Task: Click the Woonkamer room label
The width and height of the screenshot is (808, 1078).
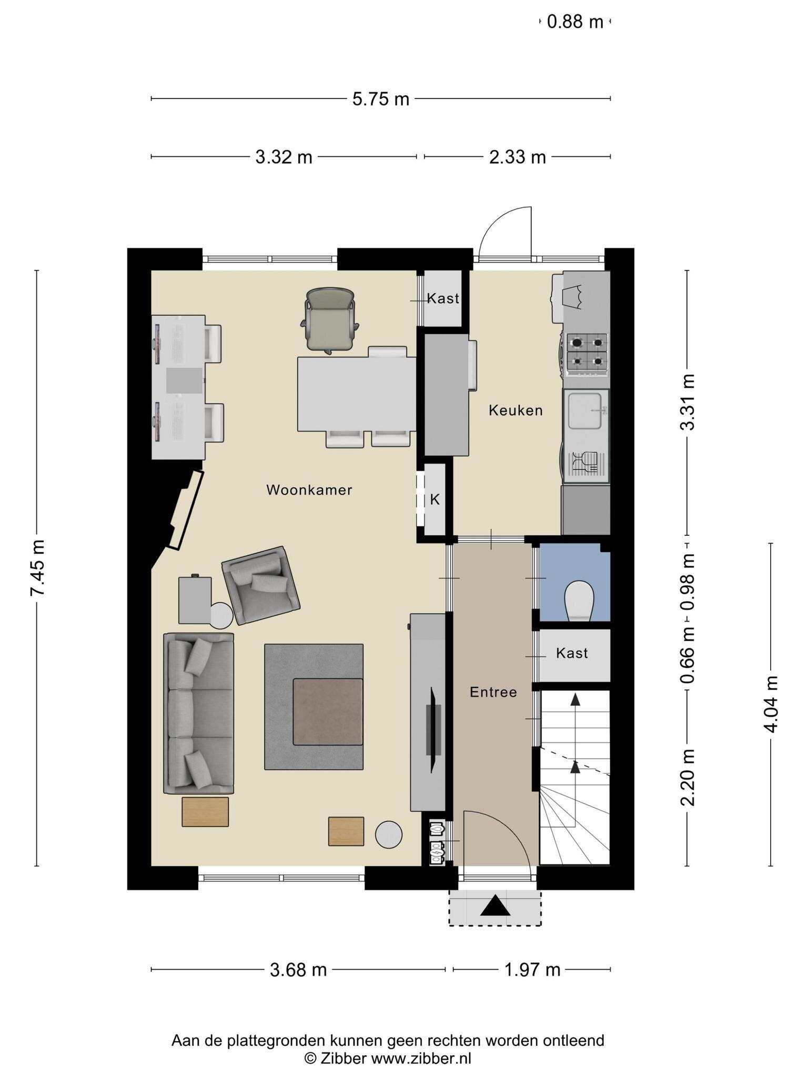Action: point(309,490)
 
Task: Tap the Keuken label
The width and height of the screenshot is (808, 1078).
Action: point(516,411)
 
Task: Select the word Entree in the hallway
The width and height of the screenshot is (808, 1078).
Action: point(493,692)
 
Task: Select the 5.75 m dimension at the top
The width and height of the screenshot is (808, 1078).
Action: point(381,99)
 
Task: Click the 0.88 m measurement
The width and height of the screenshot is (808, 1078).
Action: point(575,22)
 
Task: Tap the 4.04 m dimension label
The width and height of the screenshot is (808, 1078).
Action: point(771,704)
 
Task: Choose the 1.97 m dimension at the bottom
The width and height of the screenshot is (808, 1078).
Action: point(532,970)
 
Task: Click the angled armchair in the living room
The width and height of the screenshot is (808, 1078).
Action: point(260,585)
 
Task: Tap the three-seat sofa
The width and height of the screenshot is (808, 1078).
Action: point(199,713)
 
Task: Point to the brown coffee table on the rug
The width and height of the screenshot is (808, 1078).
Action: point(328,712)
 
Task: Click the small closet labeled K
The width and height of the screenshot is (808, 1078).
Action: point(435,500)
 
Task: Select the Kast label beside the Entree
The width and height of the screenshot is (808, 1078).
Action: point(572,653)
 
